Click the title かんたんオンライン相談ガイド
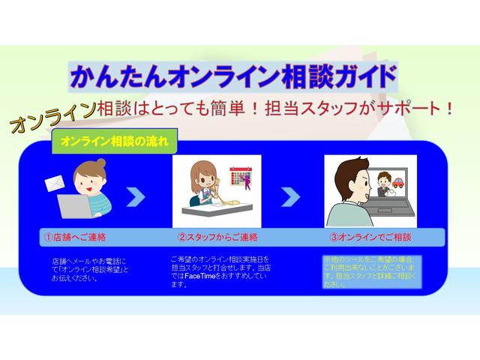[232, 76]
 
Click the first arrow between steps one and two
[136, 197]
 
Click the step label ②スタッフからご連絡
[217, 237]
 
